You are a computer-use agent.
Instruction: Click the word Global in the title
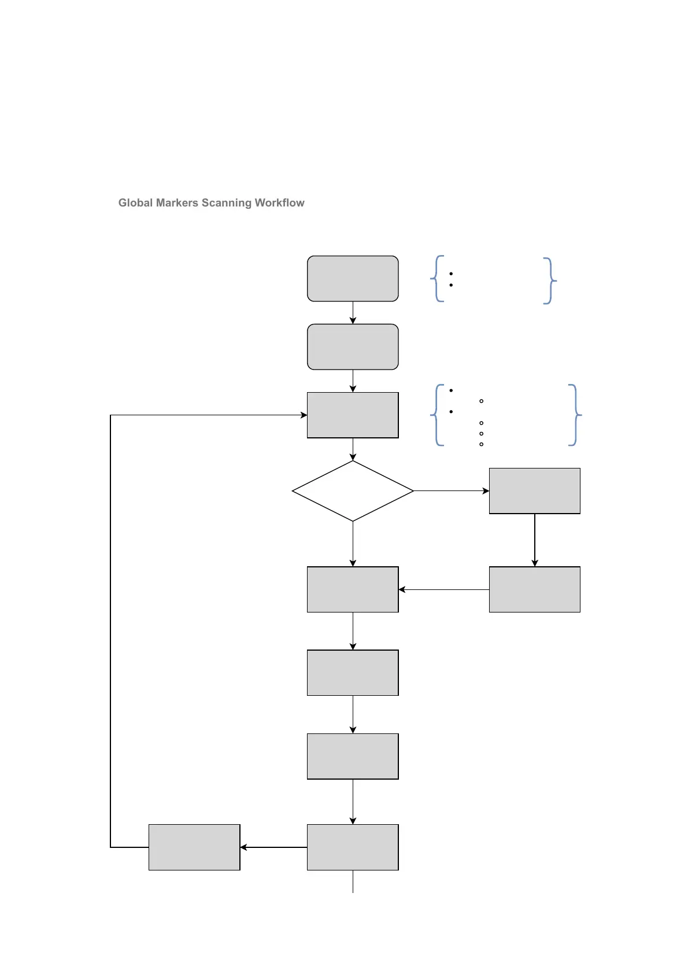(x=136, y=203)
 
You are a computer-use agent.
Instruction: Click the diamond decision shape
(x=353, y=491)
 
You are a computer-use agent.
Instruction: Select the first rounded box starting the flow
(x=353, y=279)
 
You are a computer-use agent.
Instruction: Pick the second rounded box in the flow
(x=353, y=347)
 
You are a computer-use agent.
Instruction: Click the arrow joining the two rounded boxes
(x=353, y=313)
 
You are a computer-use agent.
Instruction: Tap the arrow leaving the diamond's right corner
(x=451, y=491)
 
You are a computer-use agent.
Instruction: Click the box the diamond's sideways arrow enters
(x=534, y=491)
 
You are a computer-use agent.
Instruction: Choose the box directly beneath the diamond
(x=353, y=589)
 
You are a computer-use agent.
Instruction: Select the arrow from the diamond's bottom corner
(x=353, y=544)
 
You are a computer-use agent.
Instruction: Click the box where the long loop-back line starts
(x=194, y=847)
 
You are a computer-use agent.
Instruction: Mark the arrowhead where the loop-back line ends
(x=304, y=415)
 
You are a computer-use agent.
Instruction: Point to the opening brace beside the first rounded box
(x=438, y=279)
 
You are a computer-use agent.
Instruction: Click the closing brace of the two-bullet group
(x=549, y=281)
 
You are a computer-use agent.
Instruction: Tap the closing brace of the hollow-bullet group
(x=575, y=415)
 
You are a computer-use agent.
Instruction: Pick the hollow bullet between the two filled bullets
(x=481, y=401)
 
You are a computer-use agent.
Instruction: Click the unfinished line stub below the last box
(x=353, y=881)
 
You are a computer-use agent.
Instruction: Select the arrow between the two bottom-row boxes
(x=273, y=847)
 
